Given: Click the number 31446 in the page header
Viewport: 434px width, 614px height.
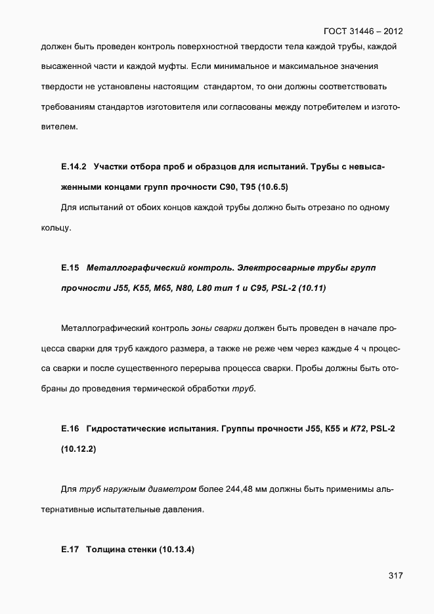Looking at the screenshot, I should click(362, 31).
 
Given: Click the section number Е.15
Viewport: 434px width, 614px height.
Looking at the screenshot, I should click(70, 267).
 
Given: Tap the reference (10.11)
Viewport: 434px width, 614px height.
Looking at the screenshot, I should click(312, 288).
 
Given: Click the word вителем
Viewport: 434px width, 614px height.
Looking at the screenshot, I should click(58, 127).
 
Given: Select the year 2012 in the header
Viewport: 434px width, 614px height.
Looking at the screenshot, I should click(393, 31).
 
